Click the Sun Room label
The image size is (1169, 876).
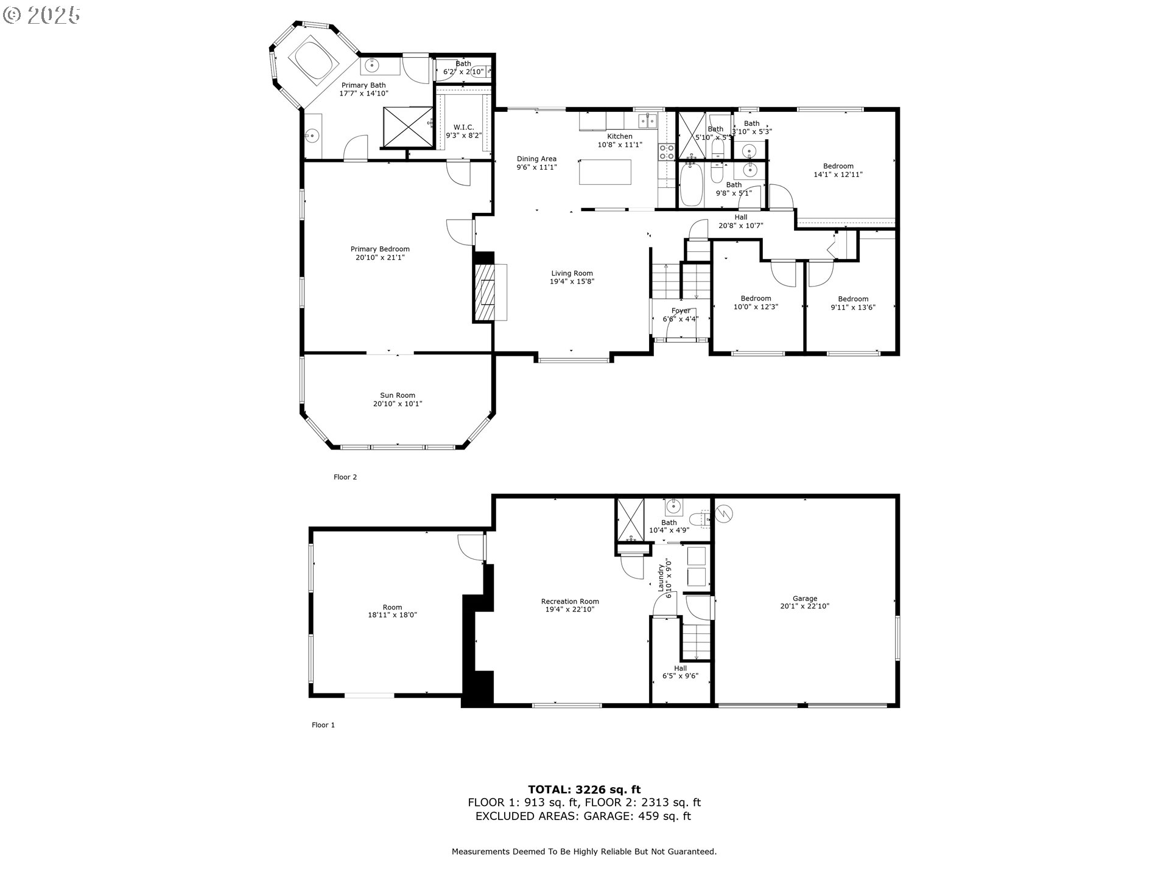click(x=398, y=395)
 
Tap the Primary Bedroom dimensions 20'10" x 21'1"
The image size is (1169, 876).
click(x=380, y=258)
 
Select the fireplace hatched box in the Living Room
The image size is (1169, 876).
click(x=485, y=292)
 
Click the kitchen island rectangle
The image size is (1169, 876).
click(x=605, y=172)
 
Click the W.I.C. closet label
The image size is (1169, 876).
click(x=463, y=127)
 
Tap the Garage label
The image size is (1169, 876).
click(x=804, y=599)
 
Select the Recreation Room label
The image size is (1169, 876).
click(x=570, y=602)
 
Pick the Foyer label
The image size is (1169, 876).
click(x=680, y=311)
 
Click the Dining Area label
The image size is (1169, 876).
click(x=536, y=159)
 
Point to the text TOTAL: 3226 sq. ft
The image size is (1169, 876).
click(x=584, y=790)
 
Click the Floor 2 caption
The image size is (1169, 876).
click(x=345, y=477)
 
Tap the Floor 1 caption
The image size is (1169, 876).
click(x=323, y=725)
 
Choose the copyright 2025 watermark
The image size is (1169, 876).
click(x=41, y=15)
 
